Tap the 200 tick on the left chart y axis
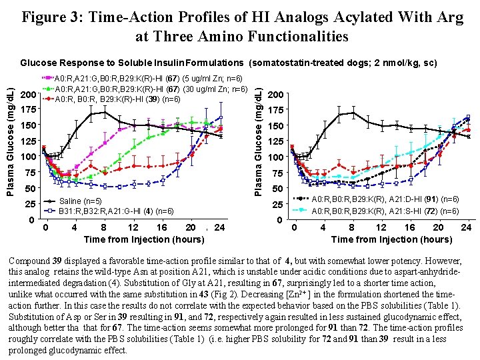29,95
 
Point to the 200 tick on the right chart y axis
275,95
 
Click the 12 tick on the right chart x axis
381,227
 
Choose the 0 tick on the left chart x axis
45,227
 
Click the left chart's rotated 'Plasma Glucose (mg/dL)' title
10,134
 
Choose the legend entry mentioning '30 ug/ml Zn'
151,89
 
